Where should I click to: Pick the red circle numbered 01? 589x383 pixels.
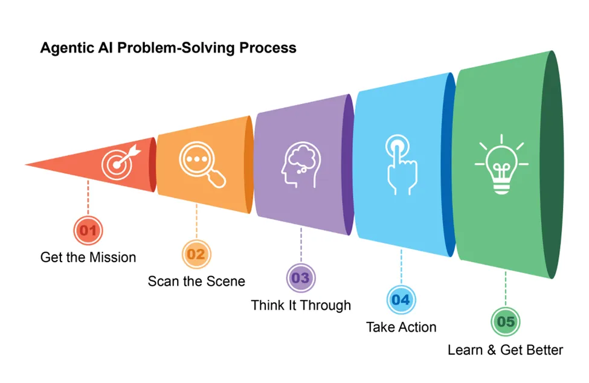(88, 230)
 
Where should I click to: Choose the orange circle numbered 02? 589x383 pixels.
(196, 254)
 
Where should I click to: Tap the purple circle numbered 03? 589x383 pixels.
(300, 278)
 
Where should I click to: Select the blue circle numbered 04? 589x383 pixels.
(401, 300)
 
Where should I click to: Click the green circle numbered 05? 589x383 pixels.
(506, 321)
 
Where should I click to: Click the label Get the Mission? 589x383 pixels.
(88, 257)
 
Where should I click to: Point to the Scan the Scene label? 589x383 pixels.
(196, 281)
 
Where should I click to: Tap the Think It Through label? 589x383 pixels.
(301, 305)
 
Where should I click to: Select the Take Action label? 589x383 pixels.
(401, 327)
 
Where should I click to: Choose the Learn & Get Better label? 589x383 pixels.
(505, 350)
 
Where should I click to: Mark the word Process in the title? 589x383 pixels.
(269, 48)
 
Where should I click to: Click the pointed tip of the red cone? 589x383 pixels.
(28, 164)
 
